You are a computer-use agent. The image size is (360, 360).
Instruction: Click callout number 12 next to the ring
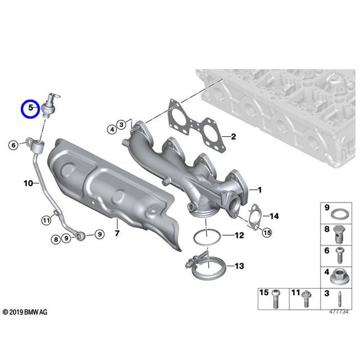[x=238, y=235]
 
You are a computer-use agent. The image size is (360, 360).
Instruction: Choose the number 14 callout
[x=274, y=216]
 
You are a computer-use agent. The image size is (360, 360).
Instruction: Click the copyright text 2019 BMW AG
[x=25, y=312]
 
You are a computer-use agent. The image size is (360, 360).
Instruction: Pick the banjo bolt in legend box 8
[x=339, y=233]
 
